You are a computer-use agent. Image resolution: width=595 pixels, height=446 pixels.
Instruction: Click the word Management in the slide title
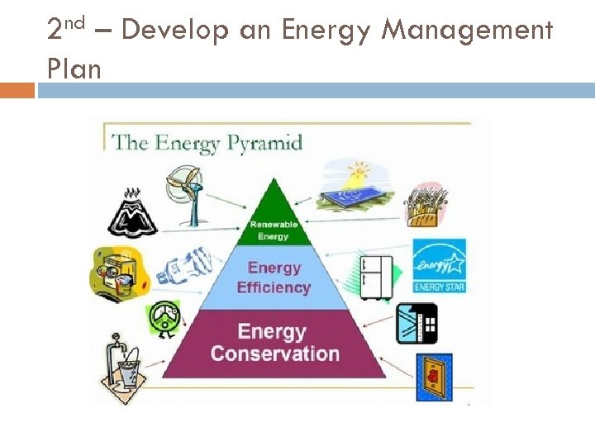[468, 31]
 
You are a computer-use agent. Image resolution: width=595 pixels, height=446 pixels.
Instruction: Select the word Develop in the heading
[175, 31]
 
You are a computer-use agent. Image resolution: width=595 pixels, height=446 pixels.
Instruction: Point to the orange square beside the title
[17, 89]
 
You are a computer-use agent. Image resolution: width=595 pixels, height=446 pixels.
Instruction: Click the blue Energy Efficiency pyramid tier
[274, 278]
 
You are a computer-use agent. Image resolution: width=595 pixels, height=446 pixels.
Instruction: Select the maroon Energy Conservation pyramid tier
[275, 343]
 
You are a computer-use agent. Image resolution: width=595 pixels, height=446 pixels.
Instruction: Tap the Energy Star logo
[439, 265]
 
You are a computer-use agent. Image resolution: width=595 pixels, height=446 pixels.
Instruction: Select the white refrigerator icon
[375, 277]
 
